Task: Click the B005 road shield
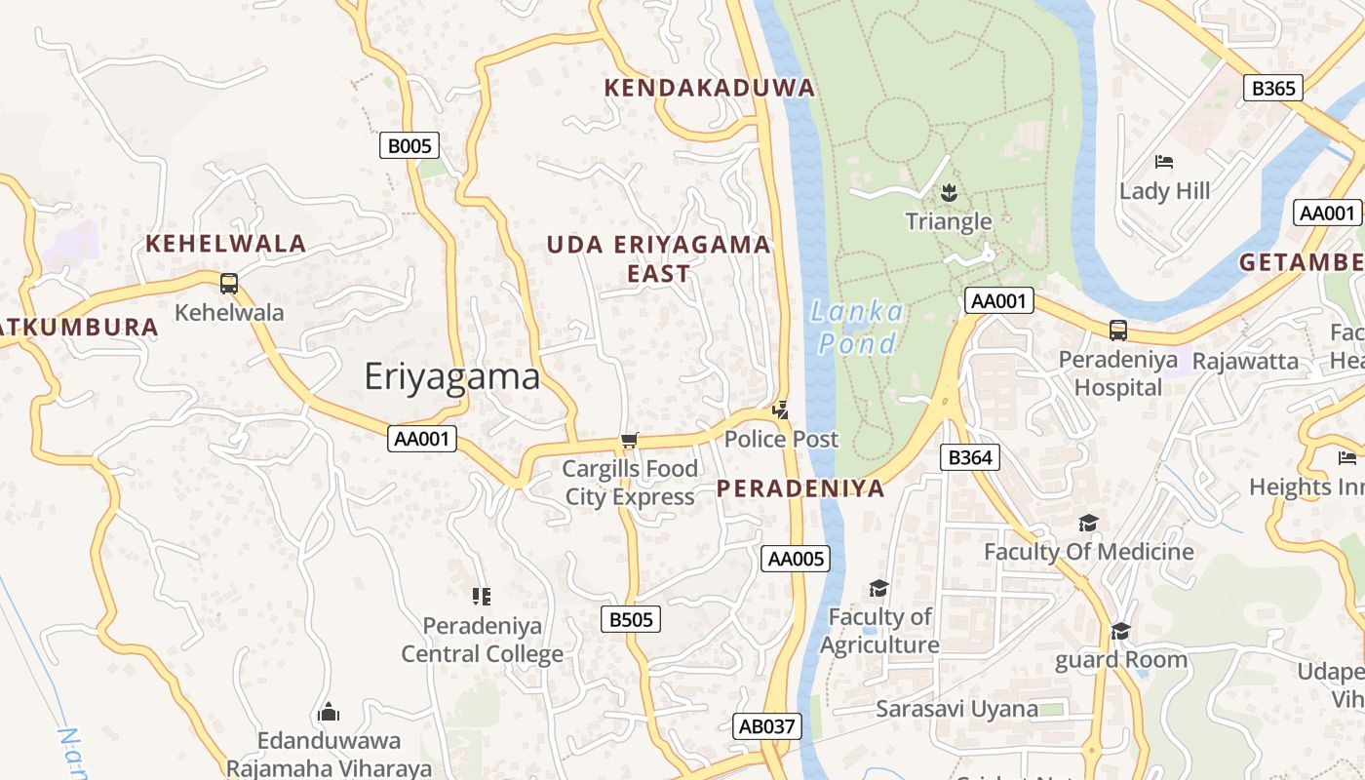point(409,146)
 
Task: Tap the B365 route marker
point(1273,89)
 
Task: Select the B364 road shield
point(970,457)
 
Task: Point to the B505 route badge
point(630,619)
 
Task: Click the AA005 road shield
point(796,559)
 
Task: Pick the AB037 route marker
point(767,726)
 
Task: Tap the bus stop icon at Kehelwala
point(229,284)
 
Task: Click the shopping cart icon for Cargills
point(630,441)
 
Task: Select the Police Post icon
point(780,410)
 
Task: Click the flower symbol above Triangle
point(949,193)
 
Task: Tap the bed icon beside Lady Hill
point(1163,162)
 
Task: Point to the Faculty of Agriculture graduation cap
point(878,588)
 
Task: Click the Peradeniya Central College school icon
point(481,596)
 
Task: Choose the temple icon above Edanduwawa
point(329,712)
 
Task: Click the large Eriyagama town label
point(452,376)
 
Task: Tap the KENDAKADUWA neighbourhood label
point(709,88)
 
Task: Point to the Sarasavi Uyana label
point(956,709)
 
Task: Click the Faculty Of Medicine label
point(1088,552)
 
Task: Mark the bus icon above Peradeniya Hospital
point(1118,331)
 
